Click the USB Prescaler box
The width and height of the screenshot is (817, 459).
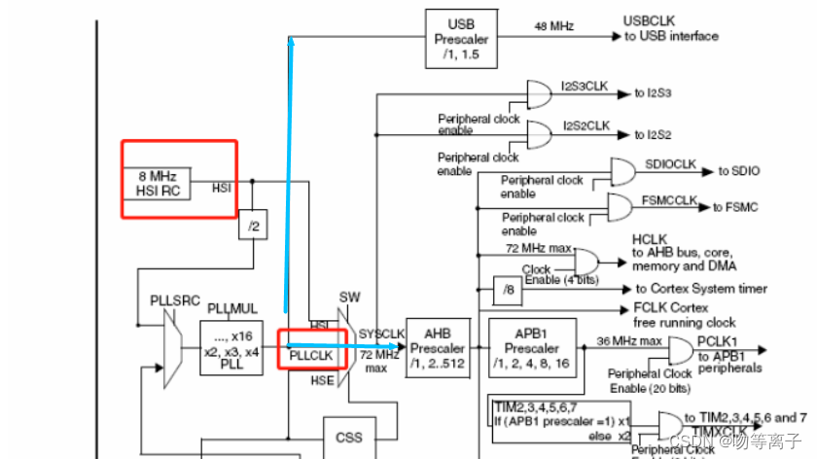pyautogui.click(x=461, y=39)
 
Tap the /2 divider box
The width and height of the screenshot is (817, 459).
pyautogui.click(x=253, y=226)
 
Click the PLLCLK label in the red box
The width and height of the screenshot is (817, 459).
pyautogui.click(x=311, y=357)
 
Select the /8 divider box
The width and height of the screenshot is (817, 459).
pyautogui.click(x=509, y=290)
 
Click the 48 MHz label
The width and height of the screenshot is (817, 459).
pyautogui.click(x=552, y=28)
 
